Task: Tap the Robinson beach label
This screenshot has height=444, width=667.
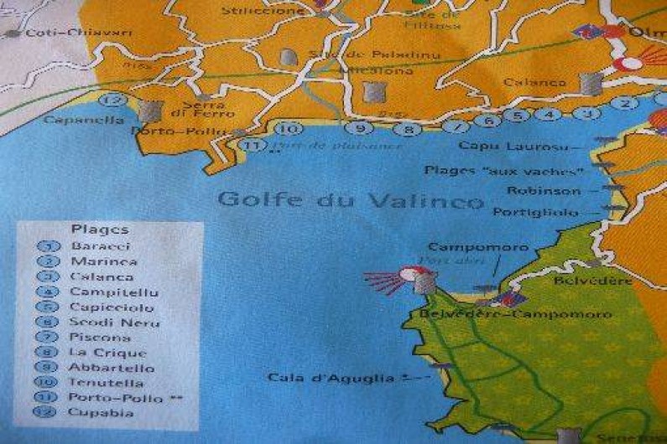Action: tap(550, 190)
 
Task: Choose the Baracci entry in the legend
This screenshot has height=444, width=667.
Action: tap(102, 246)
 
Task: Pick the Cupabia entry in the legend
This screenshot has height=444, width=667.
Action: tap(102, 412)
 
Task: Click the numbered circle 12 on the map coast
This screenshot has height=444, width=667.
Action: tap(117, 101)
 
